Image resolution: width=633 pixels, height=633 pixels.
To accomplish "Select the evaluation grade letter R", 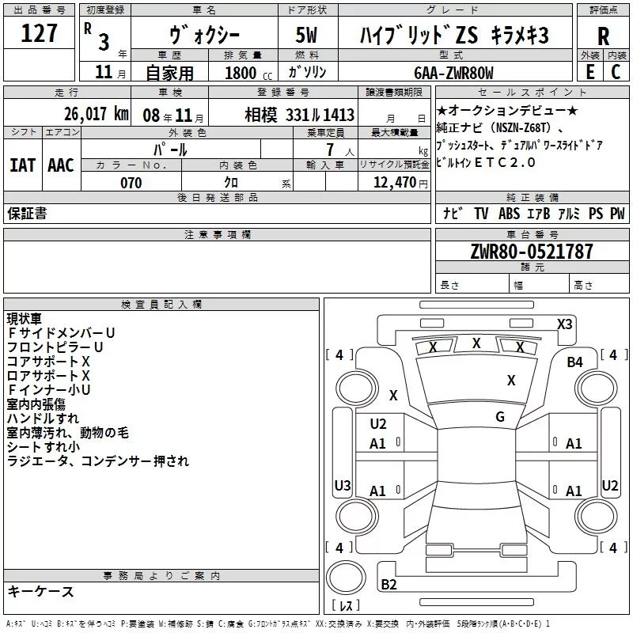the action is click(603, 36).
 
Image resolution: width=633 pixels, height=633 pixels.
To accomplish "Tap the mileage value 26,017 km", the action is click(97, 114).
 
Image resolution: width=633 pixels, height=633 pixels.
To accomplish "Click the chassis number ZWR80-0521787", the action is click(531, 252).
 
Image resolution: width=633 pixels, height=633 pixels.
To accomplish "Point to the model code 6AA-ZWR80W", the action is click(453, 73).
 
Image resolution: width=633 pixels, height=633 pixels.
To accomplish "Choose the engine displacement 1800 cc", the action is click(243, 73).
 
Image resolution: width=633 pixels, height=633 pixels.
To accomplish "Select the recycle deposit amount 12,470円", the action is click(394, 183).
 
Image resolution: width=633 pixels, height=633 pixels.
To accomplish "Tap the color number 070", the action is click(131, 183).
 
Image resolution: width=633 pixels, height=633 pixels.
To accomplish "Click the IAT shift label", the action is click(22, 165).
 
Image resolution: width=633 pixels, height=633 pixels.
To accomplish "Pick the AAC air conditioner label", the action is click(60, 165).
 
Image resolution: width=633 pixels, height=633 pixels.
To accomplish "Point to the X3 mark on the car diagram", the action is click(565, 324).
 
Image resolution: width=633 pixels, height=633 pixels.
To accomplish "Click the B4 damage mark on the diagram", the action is click(574, 362).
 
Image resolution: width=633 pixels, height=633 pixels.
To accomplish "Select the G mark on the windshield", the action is click(499, 416).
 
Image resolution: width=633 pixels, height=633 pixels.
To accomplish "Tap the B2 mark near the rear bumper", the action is click(389, 584).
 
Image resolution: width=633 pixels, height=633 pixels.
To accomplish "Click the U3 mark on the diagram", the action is click(342, 485).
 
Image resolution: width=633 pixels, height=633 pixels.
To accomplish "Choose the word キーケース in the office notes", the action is click(40, 591).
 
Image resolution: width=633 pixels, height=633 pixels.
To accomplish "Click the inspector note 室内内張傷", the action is click(36, 404).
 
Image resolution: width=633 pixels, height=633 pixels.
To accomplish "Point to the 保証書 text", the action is click(26, 213).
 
